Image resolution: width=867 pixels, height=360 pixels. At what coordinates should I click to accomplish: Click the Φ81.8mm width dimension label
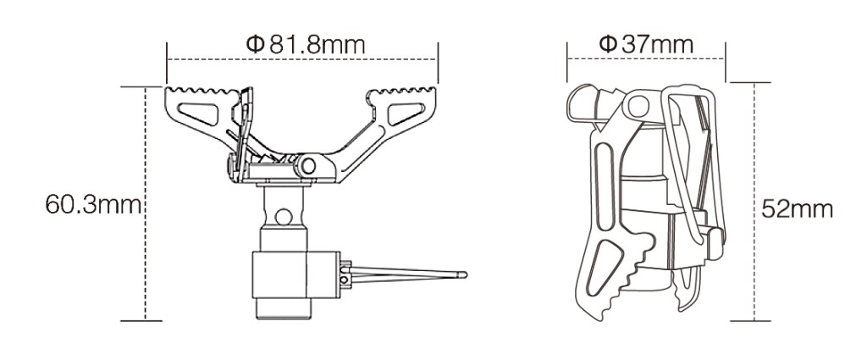click(x=306, y=43)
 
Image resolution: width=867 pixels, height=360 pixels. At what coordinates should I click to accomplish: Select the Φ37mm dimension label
click(x=646, y=43)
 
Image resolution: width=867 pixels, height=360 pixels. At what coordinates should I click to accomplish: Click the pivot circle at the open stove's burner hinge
click(x=310, y=165)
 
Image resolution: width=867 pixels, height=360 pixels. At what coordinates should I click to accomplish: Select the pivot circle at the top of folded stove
click(x=636, y=104)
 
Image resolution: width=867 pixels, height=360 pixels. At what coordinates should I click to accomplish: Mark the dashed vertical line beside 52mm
click(x=753, y=203)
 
